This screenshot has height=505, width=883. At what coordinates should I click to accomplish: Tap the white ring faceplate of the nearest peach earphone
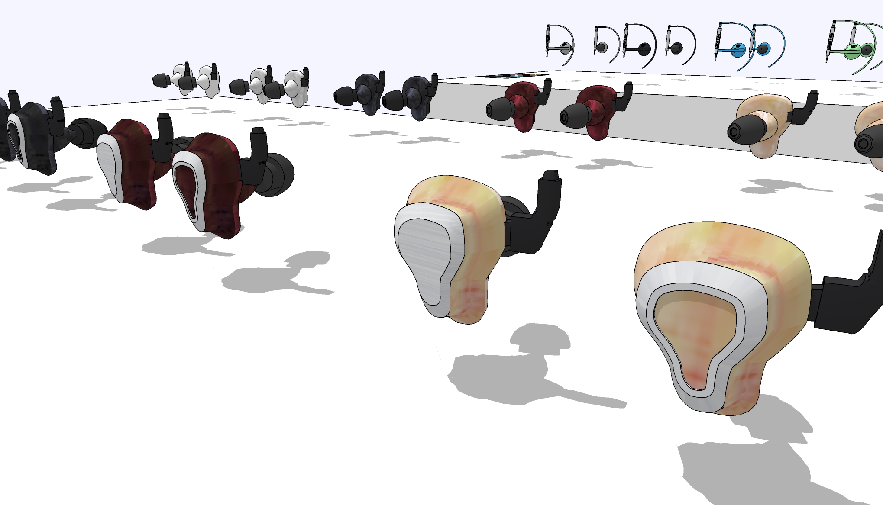(x=650, y=303)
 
